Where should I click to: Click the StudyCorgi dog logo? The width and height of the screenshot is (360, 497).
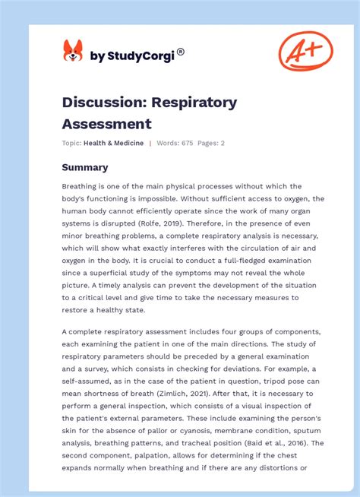point(73,51)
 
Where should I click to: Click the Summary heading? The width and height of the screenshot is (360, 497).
point(85,167)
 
